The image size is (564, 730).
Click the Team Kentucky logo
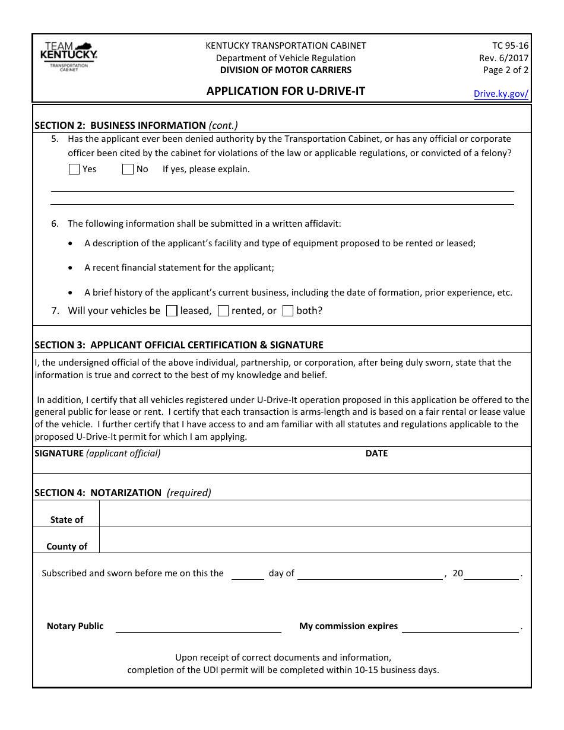[68, 57]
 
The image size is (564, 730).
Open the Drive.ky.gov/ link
[500, 93]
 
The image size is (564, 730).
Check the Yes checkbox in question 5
[74, 169]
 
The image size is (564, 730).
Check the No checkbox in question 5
[128, 169]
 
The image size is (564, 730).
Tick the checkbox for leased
[172, 310]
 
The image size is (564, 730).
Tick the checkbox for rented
[223, 310]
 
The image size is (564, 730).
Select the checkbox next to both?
[288, 310]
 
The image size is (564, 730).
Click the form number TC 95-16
[510, 46]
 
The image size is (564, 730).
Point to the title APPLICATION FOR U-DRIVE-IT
[286, 91]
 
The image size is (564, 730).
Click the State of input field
[315, 513]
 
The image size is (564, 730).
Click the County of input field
[315, 540]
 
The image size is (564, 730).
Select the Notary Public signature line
[198, 626]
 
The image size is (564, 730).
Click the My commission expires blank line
[460, 626]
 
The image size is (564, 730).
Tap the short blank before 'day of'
[248, 573]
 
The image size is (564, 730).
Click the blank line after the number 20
[491, 573]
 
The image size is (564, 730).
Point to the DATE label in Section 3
[376, 453]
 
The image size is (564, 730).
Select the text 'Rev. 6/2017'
[503, 58]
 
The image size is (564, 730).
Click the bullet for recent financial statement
[71, 268]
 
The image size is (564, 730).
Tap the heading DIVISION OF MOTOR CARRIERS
[286, 70]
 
